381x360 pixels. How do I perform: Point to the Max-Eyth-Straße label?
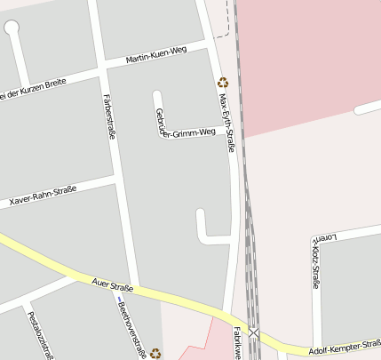226,120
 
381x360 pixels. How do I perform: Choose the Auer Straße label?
112,286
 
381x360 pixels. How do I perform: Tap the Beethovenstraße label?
131,328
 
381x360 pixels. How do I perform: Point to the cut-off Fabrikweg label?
237,342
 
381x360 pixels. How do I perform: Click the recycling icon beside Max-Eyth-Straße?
223,82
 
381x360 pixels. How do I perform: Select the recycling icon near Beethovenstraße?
155,353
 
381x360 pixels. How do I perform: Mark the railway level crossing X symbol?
255,332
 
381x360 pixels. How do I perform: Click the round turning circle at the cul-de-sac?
12,28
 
